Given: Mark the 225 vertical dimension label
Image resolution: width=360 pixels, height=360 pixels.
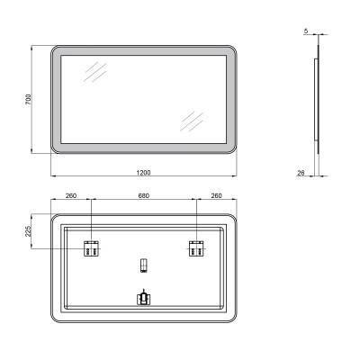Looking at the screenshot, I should pyautogui.click(x=30, y=230).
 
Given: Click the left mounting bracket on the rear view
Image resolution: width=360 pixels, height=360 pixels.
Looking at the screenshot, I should pyautogui.click(x=91, y=248).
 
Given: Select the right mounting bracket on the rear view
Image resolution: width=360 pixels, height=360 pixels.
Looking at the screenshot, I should pyautogui.click(x=195, y=248).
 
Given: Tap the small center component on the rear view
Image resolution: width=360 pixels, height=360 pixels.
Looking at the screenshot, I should pyautogui.click(x=142, y=265).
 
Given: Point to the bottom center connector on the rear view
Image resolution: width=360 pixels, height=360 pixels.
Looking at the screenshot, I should pyautogui.click(x=142, y=298).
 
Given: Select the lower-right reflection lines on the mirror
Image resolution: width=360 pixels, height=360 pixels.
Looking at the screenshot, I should pyautogui.click(x=193, y=121).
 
